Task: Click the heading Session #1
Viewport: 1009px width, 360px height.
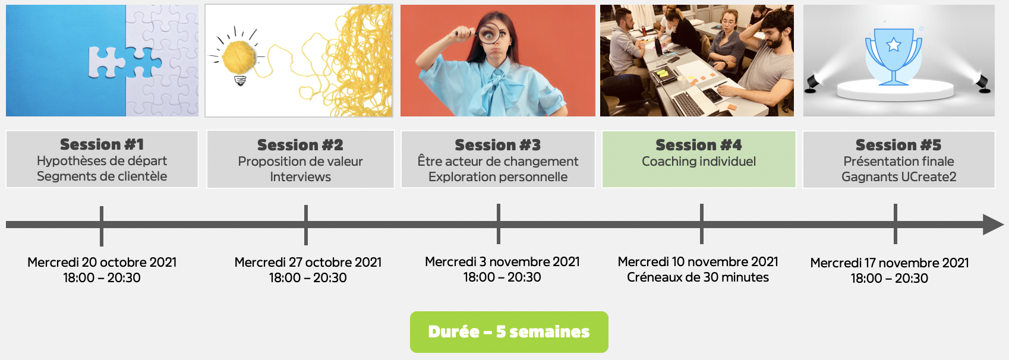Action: click(x=102, y=144)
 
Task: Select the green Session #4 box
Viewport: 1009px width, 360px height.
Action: click(x=699, y=159)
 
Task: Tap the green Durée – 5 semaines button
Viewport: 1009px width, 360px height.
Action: click(x=509, y=331)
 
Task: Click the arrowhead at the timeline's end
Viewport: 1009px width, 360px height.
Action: click(x=993, y=225)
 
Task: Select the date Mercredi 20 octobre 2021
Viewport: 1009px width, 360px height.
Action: click(x=102, y=262)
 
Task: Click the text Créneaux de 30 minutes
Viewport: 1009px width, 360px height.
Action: click(x=698, y=277)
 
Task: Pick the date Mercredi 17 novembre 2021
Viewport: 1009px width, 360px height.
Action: click(x=889, y=263)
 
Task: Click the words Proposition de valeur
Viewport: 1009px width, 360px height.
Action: click(x=301, y=162)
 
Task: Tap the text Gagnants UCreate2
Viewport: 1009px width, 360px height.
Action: click(x=898, y=176)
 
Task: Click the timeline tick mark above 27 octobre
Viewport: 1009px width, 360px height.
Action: click(x=306, y=225)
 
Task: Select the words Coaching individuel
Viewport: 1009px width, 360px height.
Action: click(x=699, y=162)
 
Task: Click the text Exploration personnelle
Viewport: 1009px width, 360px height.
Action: click(x=498, y=176)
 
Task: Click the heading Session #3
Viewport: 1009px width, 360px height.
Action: click(x=498, y=145)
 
